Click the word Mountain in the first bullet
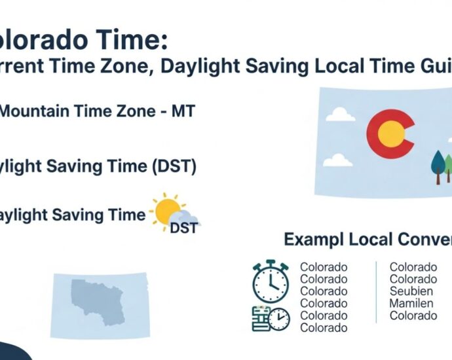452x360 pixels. (x=29, y=111)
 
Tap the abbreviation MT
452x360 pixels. (x=182, y=111)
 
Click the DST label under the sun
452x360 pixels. (x=183, y=228)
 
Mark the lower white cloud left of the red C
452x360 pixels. (x=339, y=159)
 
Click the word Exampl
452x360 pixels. (x=312, y=240)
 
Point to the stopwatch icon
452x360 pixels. (x=269, y=282)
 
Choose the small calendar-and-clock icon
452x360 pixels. (x=271, y=317)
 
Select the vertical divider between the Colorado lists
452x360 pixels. (x=376, y=292)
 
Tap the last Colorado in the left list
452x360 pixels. (x=324, y=328)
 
